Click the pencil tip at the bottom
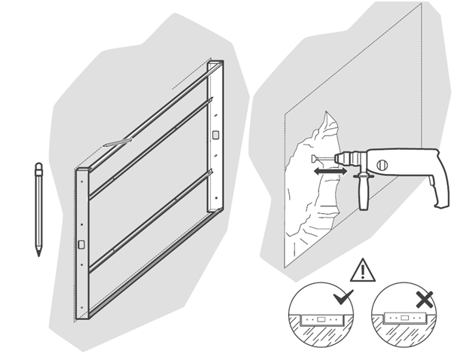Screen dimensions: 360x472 click(x=38, y=253)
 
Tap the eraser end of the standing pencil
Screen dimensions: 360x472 click(x=38, y=166)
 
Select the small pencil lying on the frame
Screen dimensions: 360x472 click(x=118, y=141)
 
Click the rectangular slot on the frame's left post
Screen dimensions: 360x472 click(x=81, y=244)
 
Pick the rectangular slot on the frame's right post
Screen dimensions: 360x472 click(x=216, y=135)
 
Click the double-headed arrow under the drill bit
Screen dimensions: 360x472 click(x=330, y=172)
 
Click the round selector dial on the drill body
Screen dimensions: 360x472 click(x=382, y=163)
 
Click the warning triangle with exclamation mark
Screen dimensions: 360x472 click(x=363, y=270)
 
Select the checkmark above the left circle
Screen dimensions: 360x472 click(x=343, y=296)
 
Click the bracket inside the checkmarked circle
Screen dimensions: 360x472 click(x=321, y=319)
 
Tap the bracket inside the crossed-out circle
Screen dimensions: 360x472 click(x=404, y=319)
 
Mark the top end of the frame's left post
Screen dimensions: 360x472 click(x=81, y=172)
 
